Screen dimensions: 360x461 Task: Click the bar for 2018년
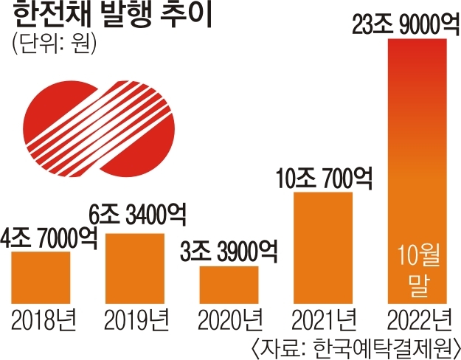pos(41,277)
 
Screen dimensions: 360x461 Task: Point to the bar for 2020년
pos(229,285)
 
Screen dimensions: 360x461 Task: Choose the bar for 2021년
pos(323,248)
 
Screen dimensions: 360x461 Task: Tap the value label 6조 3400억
pos(141,218)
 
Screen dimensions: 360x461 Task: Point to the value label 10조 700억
pos(324,178)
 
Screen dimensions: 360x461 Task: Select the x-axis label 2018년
pos(41,321)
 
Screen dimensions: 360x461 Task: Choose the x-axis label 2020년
pos(229,321)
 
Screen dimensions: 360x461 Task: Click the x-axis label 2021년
pos(324,321)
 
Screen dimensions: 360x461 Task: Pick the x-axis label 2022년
pos(417,321)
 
